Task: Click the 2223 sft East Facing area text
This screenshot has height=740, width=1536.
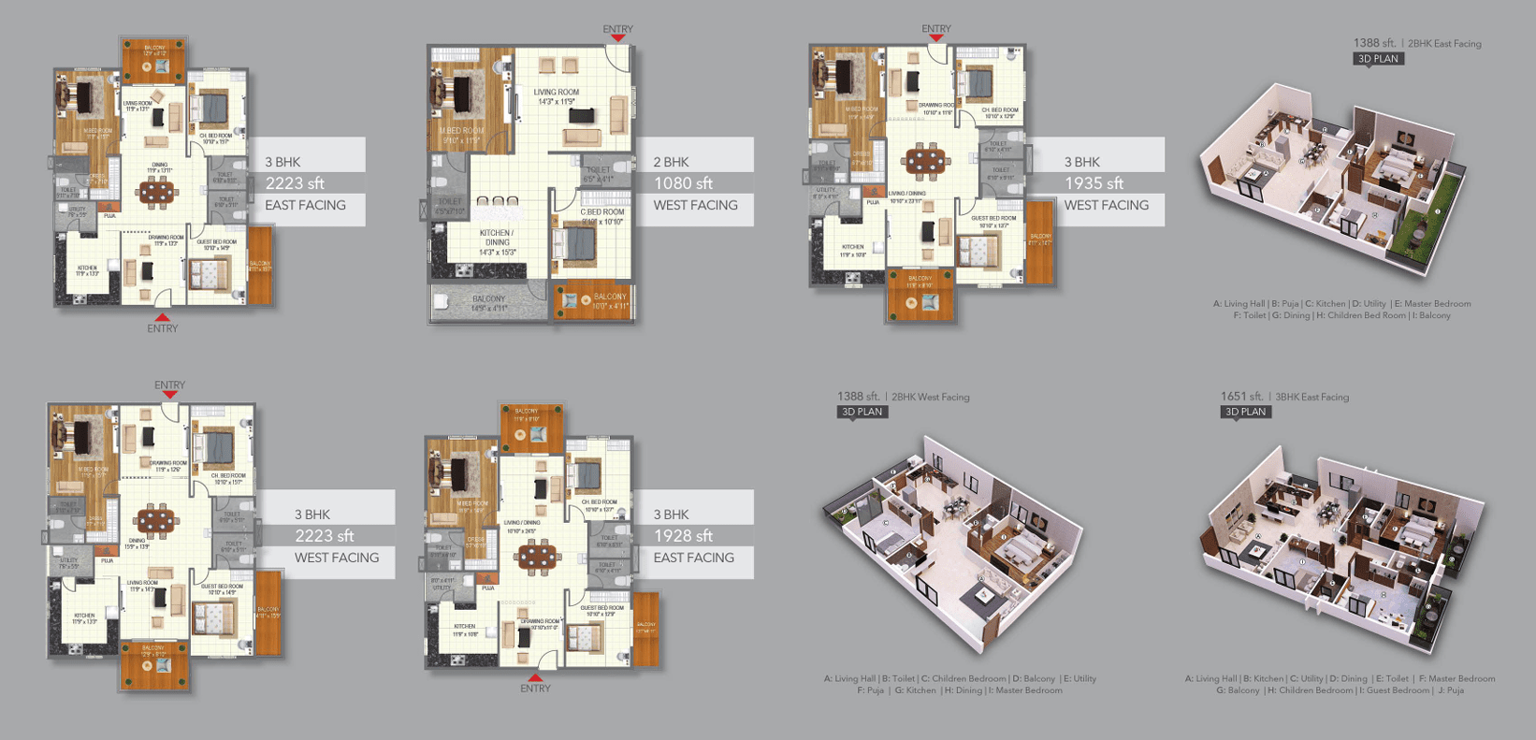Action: pyautogui.click(x=295, y=183)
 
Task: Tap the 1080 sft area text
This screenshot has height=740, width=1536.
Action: pyautogui.click(x=683, y=183)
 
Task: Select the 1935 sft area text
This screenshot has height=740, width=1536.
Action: pyautogui.click(x=1094, y=183)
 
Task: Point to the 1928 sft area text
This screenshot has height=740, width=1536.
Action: pyautogui.click(x=683, y=536)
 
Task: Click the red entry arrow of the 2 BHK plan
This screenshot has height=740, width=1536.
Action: pyautogui.click(x=617, y=39)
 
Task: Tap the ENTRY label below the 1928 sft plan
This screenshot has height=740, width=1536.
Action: pyautogui.click(x=535, y=689)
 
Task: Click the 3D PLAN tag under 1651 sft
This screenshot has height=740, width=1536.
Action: pyautogui.click(x=1246, y=412)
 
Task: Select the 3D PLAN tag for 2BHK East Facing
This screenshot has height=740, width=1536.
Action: pyautogui.click(x=1378, y=59)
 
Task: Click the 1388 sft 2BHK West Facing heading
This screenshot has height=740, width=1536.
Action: pyautogui.click(x=903, y=397)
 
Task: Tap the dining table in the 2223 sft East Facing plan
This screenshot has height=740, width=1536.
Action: pyautogui.click(x=154, y=192)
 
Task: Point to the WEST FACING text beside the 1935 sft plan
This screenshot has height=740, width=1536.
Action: pyautogui.click(x=1106, y=205)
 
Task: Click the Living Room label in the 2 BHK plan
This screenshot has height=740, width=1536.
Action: pyautogui.click(x=557, y=96)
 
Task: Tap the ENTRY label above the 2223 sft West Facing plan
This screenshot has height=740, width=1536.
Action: pyautogui.click(x=169, y=385)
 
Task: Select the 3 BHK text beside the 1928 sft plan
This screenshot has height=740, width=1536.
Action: pyautogui.click(x=671, y=515)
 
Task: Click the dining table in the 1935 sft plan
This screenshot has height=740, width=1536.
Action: pyautogui.click(x=924, y=160)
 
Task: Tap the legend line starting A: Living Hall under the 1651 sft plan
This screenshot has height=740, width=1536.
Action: pyautogui.click(x=1340, y=678)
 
